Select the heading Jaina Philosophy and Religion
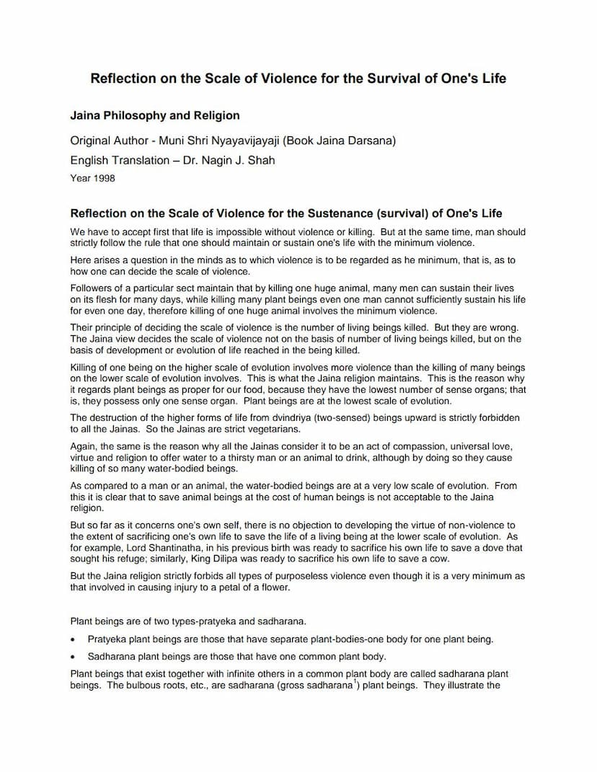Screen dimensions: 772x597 pos(154,115)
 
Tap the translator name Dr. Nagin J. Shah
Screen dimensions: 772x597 pos(232,160)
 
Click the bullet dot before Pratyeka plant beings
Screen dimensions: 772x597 pos(74,640)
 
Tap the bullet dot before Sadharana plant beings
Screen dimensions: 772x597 pos(74,657)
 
